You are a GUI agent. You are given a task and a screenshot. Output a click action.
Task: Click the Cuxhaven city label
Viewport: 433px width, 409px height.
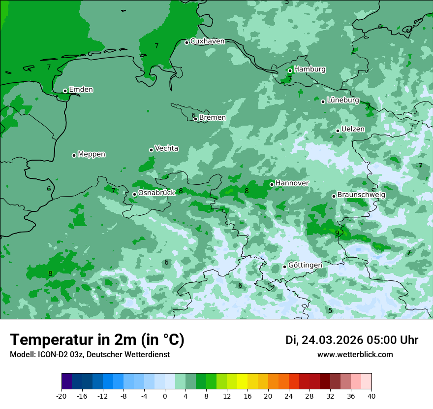pyautogui.click(x=207, y=41)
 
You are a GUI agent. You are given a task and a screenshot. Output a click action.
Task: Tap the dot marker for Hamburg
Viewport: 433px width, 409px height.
pyautogui.click(x=290, y=70)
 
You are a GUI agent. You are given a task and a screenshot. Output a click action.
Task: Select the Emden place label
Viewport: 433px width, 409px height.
pyautogui.click(x=81, y=90)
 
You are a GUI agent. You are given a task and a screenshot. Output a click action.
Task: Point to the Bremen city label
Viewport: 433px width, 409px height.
pyautogui.click(x=212, y=118)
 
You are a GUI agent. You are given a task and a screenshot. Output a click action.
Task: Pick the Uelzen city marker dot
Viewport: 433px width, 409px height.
pyautogui.click(x=338, y=131)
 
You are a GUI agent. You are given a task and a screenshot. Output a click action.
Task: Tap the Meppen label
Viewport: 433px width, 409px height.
pyautogui.click(x=92, y=154)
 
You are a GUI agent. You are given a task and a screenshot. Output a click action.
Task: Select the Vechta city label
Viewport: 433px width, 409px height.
pyautogui.click(x=166, y=148)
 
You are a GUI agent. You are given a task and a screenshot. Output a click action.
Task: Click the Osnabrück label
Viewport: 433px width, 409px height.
pyautogui.click(x=156, y=193)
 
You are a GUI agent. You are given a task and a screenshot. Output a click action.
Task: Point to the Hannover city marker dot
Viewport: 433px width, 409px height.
pyautogui.click(x=272, y=184)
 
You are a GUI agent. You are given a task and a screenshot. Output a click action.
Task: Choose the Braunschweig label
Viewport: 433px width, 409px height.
pyautogui.click(x=361, y=195)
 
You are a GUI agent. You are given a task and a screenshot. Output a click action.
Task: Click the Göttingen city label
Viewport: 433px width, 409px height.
pyautogui.click(x=305, y=265)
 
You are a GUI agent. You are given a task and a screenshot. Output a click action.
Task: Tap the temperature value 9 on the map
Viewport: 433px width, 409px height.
pyautogui.click(x=337, y=233)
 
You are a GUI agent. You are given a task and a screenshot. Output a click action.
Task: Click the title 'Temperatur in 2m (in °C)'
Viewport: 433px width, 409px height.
pyautogui.click(x=97, y=340)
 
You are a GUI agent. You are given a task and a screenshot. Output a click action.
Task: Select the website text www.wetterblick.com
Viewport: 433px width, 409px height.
pyautogui.click(x=355, y=354)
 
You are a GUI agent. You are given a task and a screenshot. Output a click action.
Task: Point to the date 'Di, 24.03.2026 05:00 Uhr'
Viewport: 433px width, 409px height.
pyautogui.click(x=352, y=340)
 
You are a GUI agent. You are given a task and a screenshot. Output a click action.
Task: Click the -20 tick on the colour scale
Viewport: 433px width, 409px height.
pyautogui.click(x=62, y=396)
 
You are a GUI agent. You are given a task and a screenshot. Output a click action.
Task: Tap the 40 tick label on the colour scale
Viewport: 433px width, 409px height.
pyautogui.click(x=371, y=396)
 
